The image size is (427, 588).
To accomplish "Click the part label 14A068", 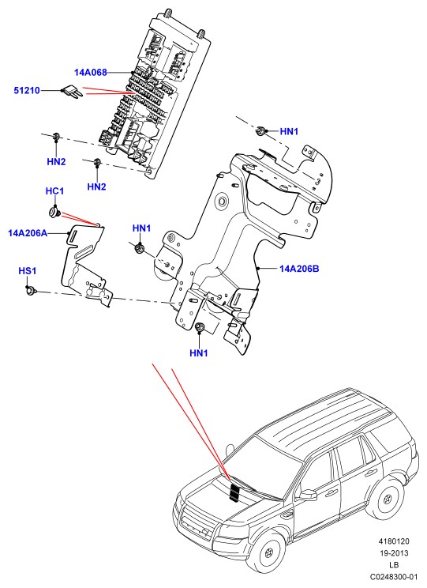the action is (x=90, y=73).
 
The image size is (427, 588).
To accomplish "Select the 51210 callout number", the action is (x=27, y=90).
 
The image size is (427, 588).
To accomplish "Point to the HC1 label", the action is (x=54, y=191).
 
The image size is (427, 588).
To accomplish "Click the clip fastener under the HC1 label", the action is (x=54, y=213).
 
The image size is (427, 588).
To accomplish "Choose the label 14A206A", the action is (x=28, y=233).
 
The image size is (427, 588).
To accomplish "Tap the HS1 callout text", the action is (x=28, y=271).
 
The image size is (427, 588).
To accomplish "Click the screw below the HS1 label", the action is (x=30, y=290).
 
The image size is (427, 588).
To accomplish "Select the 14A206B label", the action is (x=299, y=269).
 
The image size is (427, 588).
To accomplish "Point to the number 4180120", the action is (x=394, y=541).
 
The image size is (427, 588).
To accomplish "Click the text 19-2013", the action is (x=394, y=552).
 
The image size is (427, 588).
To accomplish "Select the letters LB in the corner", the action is (x=394, y=564).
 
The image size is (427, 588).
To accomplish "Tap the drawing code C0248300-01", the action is (x=394, y=576).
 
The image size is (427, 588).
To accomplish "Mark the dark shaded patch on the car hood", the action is (x=235, y=492).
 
